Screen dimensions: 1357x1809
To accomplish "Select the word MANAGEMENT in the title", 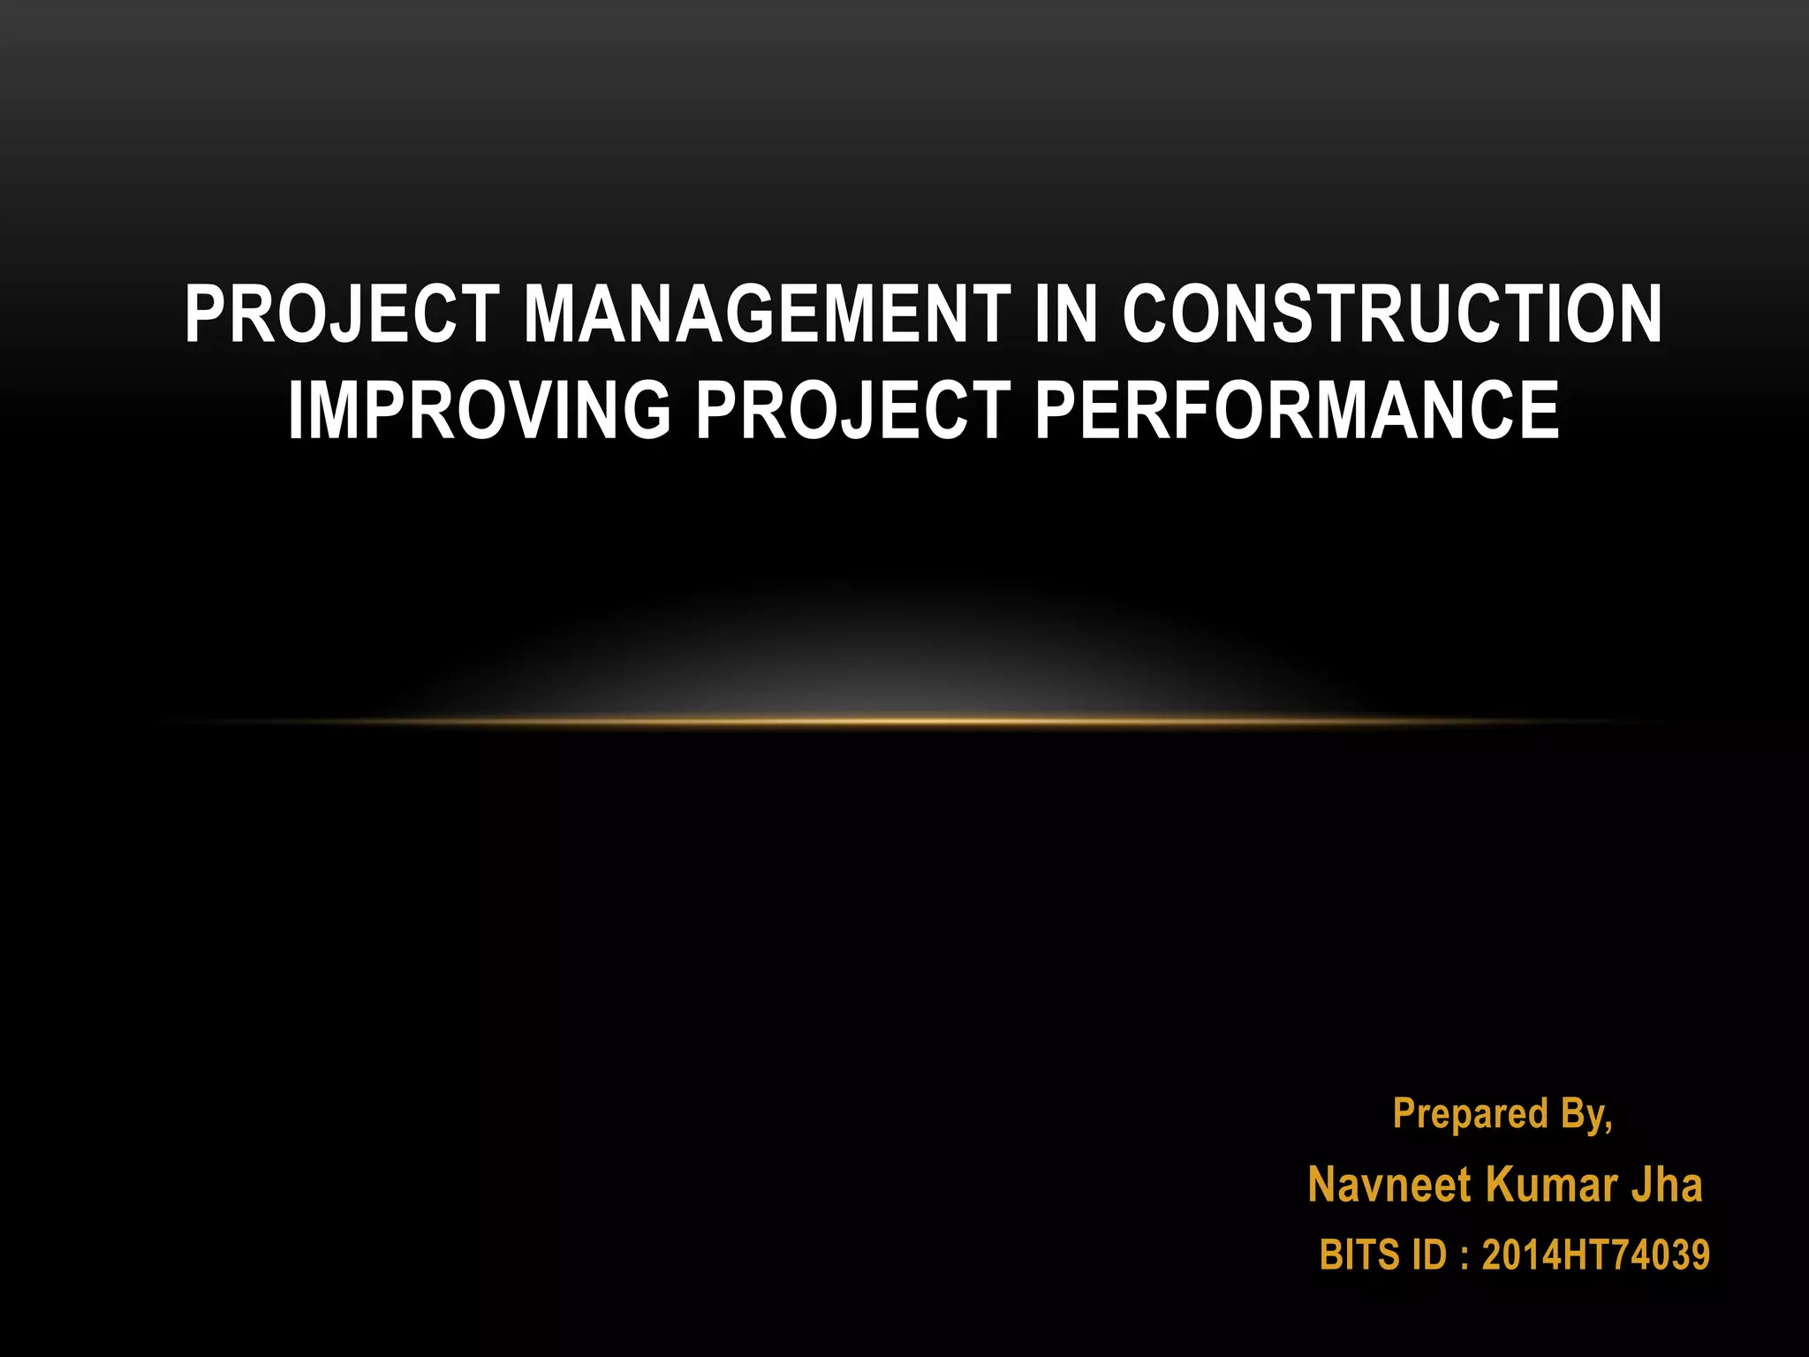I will pos(767,315).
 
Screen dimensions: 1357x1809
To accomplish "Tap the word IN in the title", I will pos(1065,315).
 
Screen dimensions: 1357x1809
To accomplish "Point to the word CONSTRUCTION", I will pos(1392,315).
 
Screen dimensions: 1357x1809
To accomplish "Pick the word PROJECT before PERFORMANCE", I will pos(853,410).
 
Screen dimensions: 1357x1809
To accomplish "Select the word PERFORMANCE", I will pos(1297,410).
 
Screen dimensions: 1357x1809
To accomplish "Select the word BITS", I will pos(1359,1255).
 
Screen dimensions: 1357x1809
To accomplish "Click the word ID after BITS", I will pos(1430,1255).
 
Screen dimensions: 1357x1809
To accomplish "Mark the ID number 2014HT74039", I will pos(1595,1255).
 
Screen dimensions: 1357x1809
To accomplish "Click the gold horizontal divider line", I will pos(904,722).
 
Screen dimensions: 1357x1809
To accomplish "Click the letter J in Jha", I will pos(1640,1185).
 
